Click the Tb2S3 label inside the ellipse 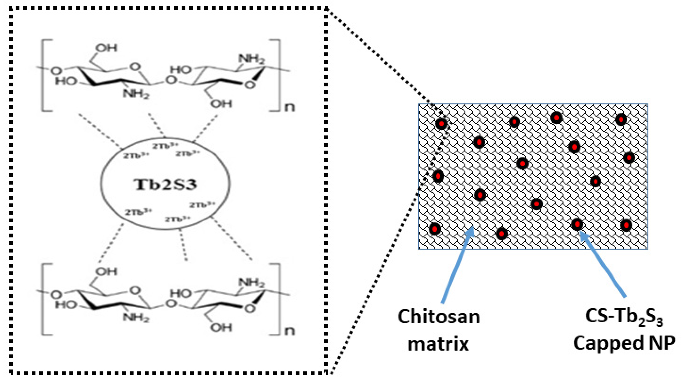[165, 184]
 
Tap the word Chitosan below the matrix [439, 317]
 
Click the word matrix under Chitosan [438, 344]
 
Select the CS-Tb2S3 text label [624, 317]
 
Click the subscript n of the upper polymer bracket [289, 107]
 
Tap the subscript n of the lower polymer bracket [289, 331]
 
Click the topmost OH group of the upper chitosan [106, 48]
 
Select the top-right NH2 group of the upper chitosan [251, 59]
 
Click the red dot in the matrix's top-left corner [441, 124]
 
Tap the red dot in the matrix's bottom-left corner [435, 229]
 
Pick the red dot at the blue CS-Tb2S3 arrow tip [577, 224]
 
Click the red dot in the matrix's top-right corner [621, 119]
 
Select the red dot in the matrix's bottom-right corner [626, 225]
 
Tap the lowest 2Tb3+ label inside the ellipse [177, 219]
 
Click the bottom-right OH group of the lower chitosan [221, 327]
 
